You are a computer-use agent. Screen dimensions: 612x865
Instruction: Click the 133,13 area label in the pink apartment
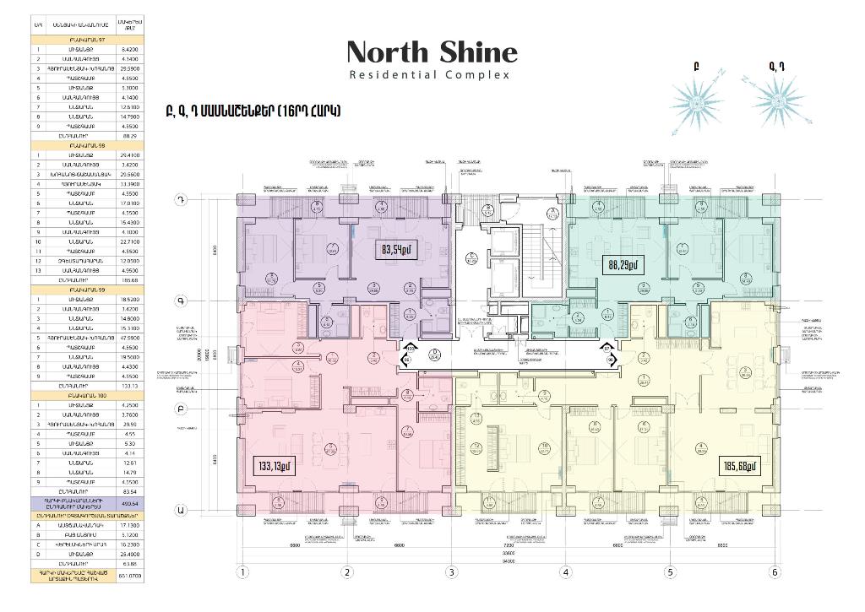click(x=275, y=465)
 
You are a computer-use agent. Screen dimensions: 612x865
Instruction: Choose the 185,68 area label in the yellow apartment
click(x=740, y=465)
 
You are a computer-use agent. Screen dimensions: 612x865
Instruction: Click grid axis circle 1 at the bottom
click(x=242, y=572)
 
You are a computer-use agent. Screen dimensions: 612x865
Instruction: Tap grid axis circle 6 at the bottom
click(x=775, y=572)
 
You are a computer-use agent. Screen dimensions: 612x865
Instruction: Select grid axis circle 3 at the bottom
click(x=452, y=572)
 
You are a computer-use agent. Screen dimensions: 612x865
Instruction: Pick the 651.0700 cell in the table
click(x=130, y=577)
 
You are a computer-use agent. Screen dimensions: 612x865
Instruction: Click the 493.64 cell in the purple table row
click(x=130, y=503)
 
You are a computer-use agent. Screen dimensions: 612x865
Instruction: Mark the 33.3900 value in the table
click(x=130, y=182)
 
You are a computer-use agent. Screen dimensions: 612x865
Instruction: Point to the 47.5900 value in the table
click(x=130, y=338)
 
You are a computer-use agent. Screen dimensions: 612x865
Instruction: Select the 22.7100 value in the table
click(x=130, y=241)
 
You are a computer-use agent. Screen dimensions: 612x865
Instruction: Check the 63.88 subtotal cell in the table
click(x=130, y=562)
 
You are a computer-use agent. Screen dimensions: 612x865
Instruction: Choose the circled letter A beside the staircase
click(x=552, y=213)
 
